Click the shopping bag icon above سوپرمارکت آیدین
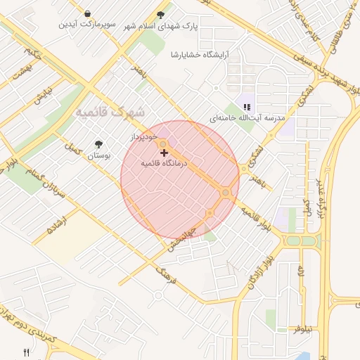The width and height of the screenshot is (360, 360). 86,14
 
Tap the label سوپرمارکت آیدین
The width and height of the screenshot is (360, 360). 86,25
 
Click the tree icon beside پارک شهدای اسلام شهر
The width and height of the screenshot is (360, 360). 161,15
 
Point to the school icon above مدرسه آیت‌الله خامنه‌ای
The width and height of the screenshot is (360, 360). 246,108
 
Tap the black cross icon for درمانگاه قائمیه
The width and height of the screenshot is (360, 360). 165,153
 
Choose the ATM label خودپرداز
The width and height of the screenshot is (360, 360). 146,138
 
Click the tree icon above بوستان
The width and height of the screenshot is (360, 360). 98,144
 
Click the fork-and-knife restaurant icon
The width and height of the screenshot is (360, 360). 27,352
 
